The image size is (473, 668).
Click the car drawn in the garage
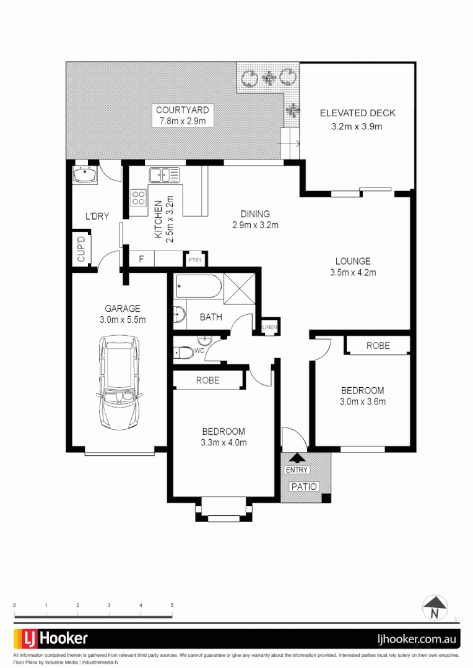point(118,387)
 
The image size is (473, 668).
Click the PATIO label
point(304,486)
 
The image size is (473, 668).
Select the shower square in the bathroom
point(239,288)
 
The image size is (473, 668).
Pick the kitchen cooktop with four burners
point(139,198)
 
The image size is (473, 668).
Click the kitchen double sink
point(165,176)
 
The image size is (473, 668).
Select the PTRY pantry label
point(195,260)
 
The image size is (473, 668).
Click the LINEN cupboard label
point(270,327)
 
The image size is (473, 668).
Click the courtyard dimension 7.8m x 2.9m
point(183,121)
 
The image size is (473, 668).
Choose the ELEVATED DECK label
point(357,113)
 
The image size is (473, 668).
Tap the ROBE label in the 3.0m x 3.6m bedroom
point(378,346)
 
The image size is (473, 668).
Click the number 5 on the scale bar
point(172,605)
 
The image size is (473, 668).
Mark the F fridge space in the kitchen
point(141,260)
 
